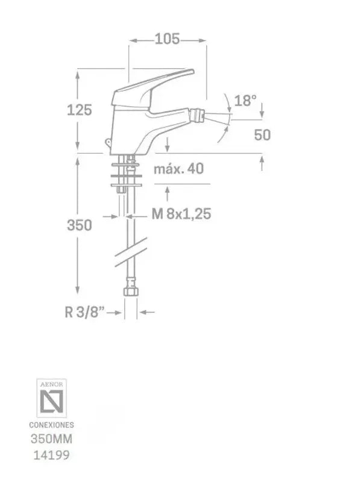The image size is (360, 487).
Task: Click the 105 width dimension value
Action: pos(167,39)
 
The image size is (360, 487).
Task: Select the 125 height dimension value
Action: pos(80,110)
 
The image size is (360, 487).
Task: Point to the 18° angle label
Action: pos(245,100)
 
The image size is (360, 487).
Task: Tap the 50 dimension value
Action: pos(262,134)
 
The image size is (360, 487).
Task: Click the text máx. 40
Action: pos(178,168)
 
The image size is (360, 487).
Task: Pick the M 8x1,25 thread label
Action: pos(180,213)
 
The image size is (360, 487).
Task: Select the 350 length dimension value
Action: pos(80,225)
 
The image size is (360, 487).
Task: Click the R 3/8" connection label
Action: pos(84,312)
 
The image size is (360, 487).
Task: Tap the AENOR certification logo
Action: pos(52,398)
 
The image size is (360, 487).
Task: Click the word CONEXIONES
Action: pos(51,425)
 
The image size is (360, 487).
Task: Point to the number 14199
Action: pos(51,456)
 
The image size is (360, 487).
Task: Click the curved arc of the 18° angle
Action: pos(227,115)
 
